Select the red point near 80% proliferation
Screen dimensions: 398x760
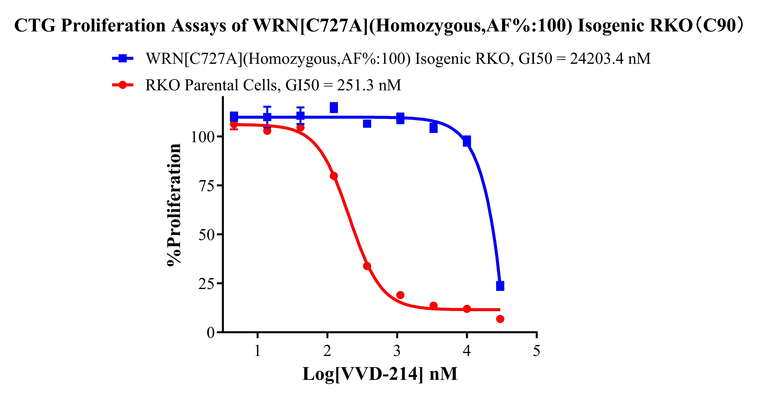pyautogui.click(x=334, y=176)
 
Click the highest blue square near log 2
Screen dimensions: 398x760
pyautogui.click(x=334, y=108)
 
